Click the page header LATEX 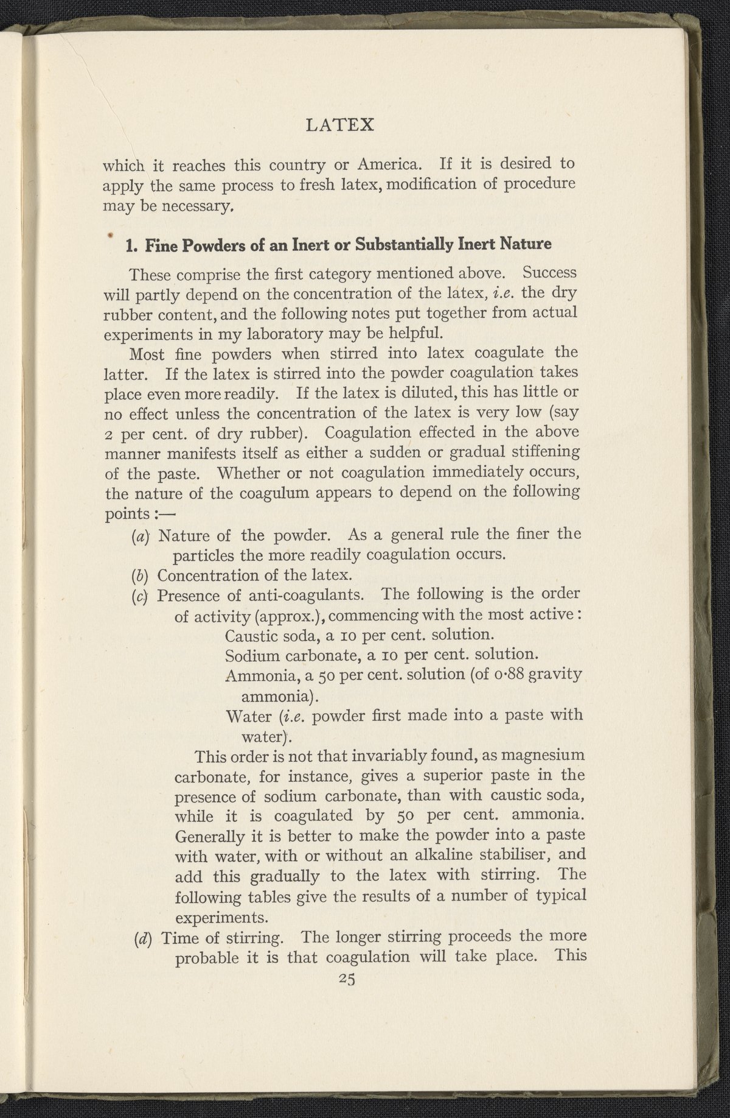[339, 125]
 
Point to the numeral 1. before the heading [129, 245]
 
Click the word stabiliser [499, 856]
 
